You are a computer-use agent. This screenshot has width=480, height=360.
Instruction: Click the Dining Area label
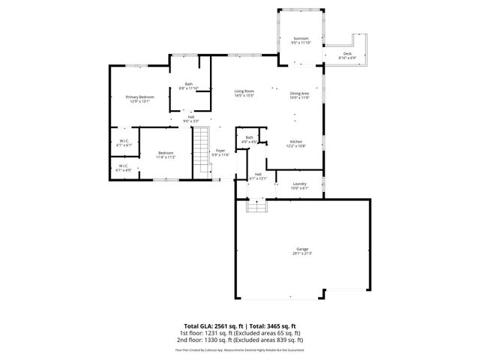point(300,94)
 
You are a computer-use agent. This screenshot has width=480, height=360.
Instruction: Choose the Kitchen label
point(295,144)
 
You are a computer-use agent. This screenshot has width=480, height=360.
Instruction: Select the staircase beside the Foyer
point(201,150)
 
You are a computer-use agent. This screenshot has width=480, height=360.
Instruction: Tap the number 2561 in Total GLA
point(219,326)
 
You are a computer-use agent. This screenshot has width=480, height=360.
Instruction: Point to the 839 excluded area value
point(282,339)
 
